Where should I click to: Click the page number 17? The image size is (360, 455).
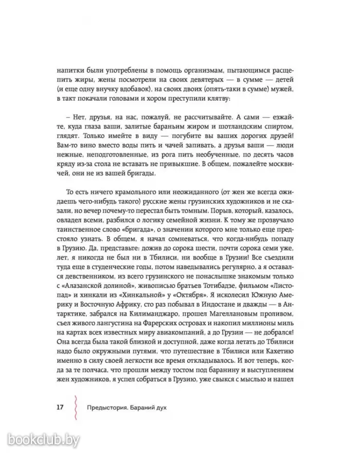click(x=59, y=407)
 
